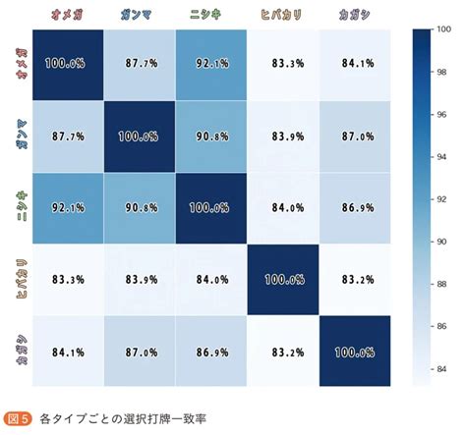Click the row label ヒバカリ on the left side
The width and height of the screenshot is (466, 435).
(x=17, y=281)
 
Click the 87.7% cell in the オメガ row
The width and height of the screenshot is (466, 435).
(x=139, y=65)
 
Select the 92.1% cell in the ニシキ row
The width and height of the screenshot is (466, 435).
(x=67, y=208)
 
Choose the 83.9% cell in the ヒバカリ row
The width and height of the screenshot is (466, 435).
(x=139, y=281)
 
